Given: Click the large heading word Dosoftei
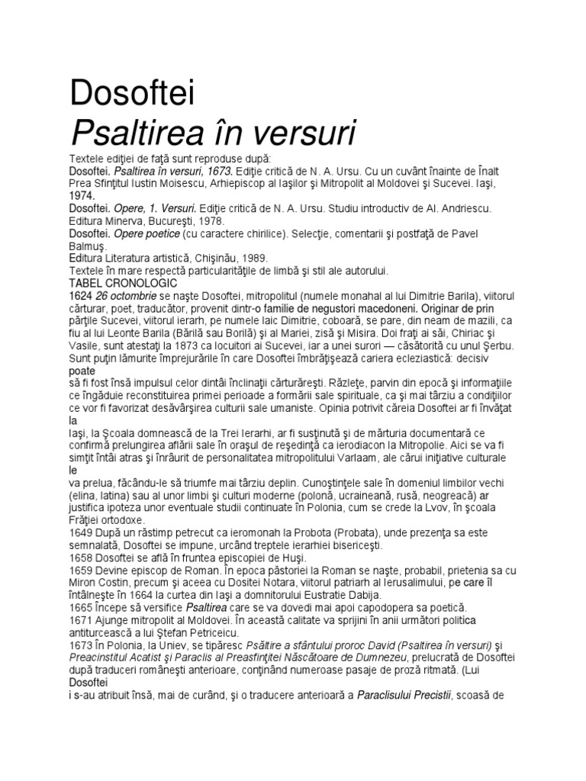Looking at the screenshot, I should click(132, 94).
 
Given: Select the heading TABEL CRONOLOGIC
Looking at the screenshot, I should click(124, 283).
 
